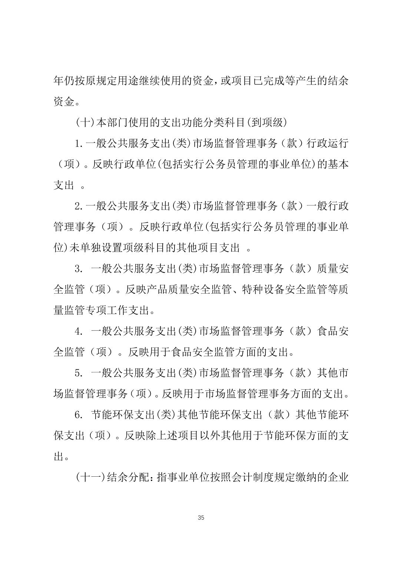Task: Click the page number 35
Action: [x=201, y=517]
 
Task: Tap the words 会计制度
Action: [x=251, y=477]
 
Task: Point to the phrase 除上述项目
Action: [x=166, y=436]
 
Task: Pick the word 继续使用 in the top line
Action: [x=166, y=81]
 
